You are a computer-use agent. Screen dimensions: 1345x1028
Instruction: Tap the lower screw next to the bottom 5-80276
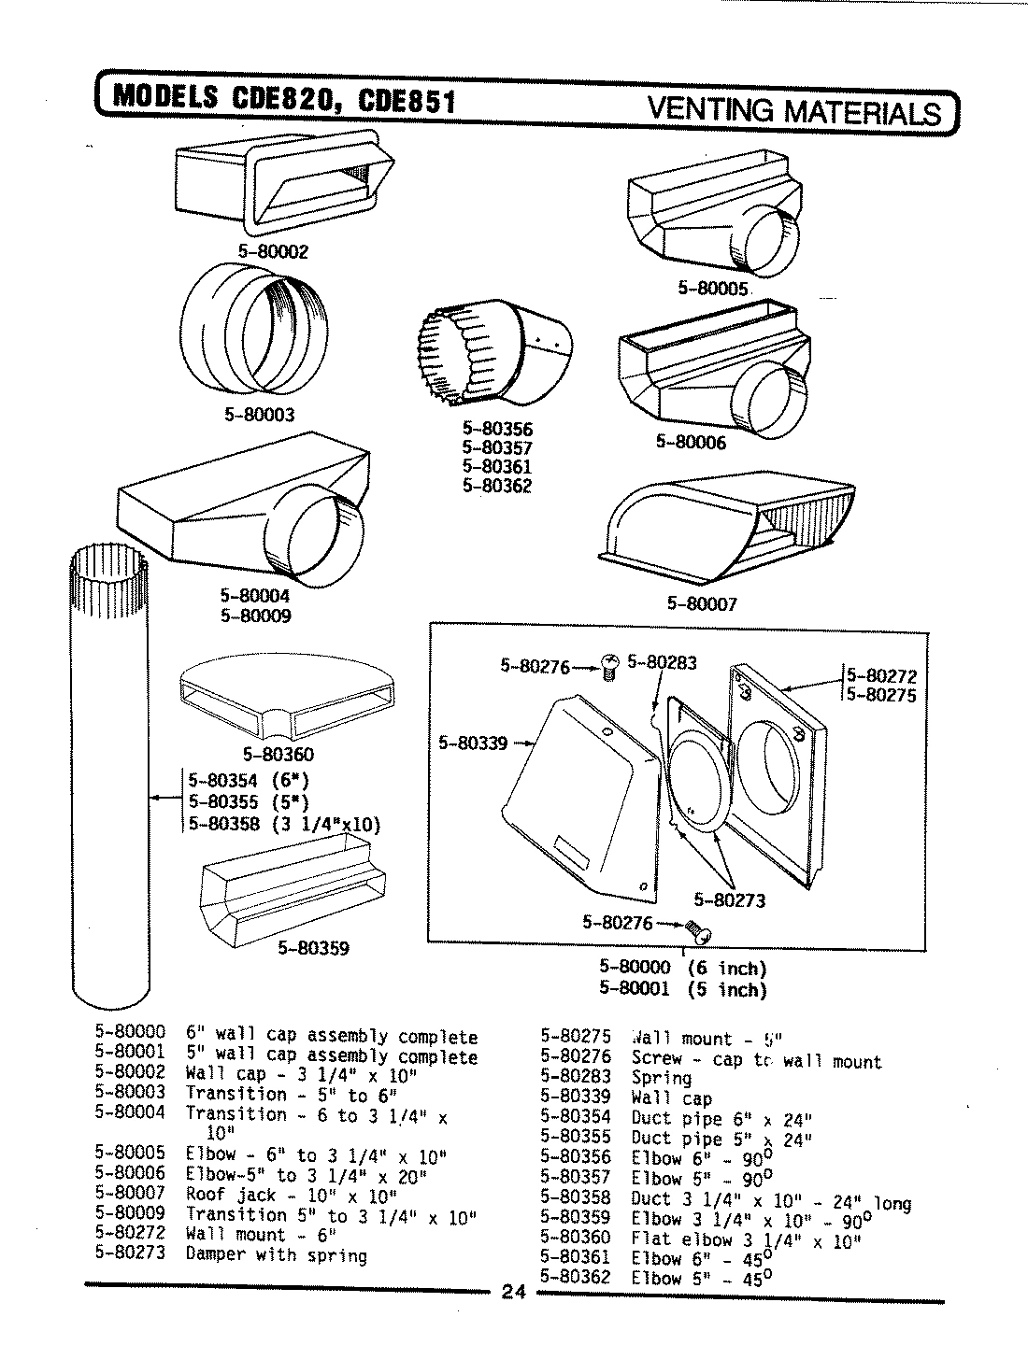tap(697, 928)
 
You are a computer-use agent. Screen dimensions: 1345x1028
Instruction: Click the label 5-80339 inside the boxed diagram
tap(473, 743)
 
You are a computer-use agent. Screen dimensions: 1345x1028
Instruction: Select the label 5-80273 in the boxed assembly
tap(729, 900)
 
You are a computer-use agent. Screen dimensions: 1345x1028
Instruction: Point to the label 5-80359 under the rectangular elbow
tap(313, 948)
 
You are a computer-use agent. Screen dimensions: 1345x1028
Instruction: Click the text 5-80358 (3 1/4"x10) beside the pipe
tap(284, 824)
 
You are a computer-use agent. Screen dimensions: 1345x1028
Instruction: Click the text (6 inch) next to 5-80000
tap(726, 969)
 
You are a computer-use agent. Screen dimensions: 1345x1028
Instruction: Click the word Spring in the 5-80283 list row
tap(662, 1077)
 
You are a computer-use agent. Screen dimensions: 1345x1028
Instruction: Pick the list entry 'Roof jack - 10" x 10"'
tap(292, 1194)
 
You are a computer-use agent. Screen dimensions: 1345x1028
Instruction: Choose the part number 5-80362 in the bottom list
tap(575, 1278)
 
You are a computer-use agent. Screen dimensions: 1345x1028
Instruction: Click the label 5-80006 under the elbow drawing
tap(691, 442)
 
